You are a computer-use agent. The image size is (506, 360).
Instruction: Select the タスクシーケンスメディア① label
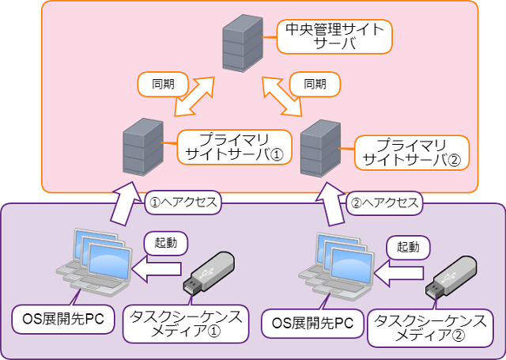tap(188, 325)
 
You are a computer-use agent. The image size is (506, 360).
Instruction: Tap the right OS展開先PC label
tap(312, 323)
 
